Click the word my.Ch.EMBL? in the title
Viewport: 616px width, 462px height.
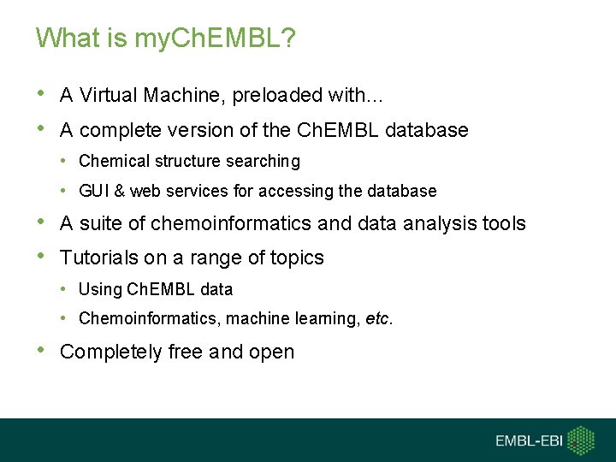click(x=216, y=39)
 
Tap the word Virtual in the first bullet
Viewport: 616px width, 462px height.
click(x=109, y=96)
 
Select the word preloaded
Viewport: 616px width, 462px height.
click(x=272, y=96)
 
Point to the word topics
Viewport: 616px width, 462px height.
click(x=295, y=258)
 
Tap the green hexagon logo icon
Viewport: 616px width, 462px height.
click(x=582, y=440)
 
